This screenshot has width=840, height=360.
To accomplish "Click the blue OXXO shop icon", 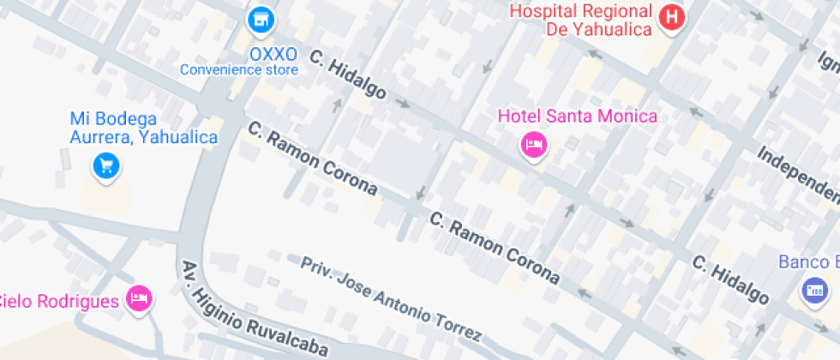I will coord(260,19).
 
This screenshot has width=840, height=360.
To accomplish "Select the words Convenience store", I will coord(239,70).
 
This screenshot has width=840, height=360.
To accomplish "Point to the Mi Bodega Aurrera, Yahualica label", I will coord(143,128).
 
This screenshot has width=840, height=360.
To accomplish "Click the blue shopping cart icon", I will coord(105,165).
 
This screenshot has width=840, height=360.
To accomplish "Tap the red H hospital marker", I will coord(673,16).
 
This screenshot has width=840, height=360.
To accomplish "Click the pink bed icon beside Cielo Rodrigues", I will coord(138,298).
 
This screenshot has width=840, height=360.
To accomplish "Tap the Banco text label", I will coord(808,261).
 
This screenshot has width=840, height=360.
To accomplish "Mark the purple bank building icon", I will coord(813,291).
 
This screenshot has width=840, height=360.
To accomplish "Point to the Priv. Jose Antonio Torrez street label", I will coord(390,298).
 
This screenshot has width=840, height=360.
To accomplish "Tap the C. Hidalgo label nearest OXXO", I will coord(347,81).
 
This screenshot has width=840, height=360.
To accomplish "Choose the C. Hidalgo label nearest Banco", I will coord(730,279).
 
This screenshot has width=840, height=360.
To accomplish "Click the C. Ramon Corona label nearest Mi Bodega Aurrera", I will coord(312,157).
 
